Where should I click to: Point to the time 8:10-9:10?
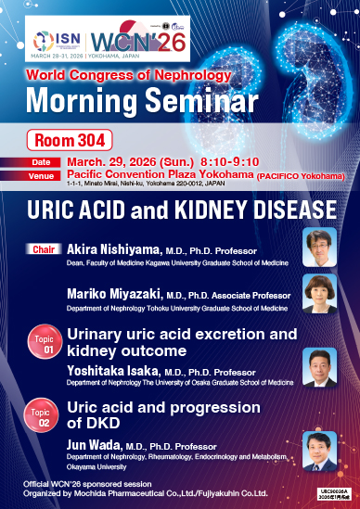(219, 162)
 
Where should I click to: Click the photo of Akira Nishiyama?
(319, 246)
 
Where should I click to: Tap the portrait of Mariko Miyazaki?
(319, 293)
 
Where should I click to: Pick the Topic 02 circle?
(42, 416)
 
